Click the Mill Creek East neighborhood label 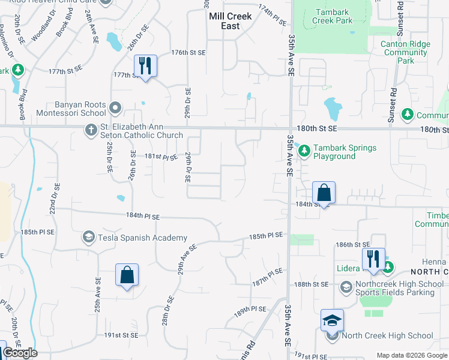pyautogui.click(x=231, y=21)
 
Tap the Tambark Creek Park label pyautogui.click(x=332, y=16)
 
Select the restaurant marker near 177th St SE pyautogui.click(x=145, y=65)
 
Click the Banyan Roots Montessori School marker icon pyautogui.click(x=115, y=109)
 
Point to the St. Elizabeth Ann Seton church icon pyautogui.click(x=91, y=130)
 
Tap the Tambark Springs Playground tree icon pyautogui.click(x=304, y=149)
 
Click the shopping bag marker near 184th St pyautogui.click(x=324, y=193)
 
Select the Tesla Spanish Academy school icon pyautogui.click(x=89, y=238)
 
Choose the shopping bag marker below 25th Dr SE pyautogui.click(x=127, y=275)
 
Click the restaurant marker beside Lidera pyautogui.click(x=373, y=259)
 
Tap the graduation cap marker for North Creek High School pyautogui.click(x=332, y=320)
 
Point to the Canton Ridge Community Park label pyautogui.click(x=406, y=52)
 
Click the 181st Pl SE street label pyautogui.click(x=161, y=157)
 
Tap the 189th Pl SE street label pyautogui.click(x=250, y=309)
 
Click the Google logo pyautogui.click(x=20, y=353)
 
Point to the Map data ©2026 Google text pyautogui.click(x=412, y=355)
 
